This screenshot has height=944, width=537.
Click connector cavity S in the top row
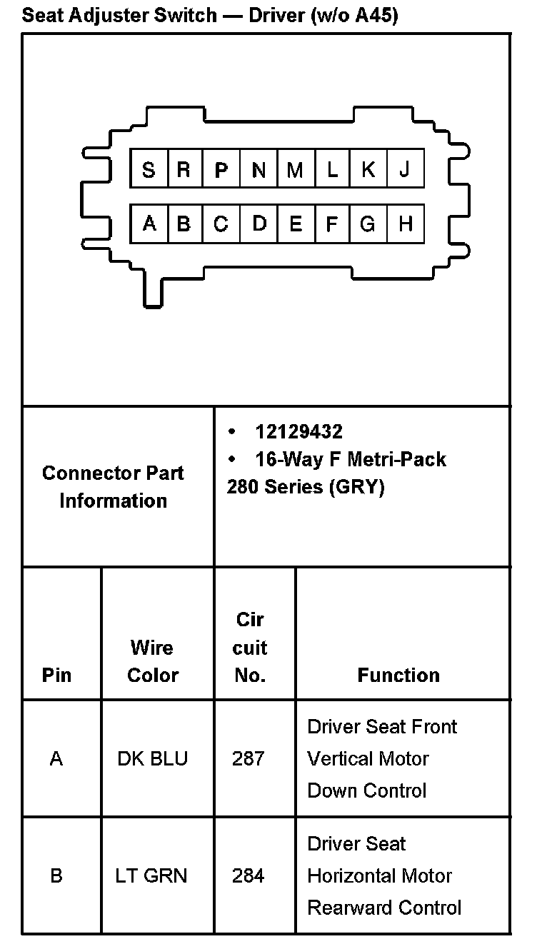(149, 169)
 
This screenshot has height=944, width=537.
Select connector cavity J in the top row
(405, 169)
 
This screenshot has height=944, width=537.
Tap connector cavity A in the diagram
(149, 224)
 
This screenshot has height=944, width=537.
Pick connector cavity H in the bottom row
(405, 224)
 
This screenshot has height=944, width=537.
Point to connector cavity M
(295, 169)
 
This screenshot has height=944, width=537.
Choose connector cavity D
(259, 224)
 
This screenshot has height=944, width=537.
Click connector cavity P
(221, 169)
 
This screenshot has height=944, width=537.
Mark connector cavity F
(331, 224)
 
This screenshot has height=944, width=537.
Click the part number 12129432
(298, 431)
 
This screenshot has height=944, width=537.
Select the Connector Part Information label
(114, 486)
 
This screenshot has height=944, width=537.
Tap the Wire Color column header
(152, 661)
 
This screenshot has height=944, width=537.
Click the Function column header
(398, 675)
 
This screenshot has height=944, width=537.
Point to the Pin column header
(56, 675)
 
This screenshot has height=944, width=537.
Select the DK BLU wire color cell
(152, 758)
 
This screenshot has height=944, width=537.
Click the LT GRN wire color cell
(151, 875)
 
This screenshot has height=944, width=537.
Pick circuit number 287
(248, 758)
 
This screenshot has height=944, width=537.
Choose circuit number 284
(248, 875)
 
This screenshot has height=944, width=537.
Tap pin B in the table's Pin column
(56, 875)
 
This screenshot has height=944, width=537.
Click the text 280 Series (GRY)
(306, 487)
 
